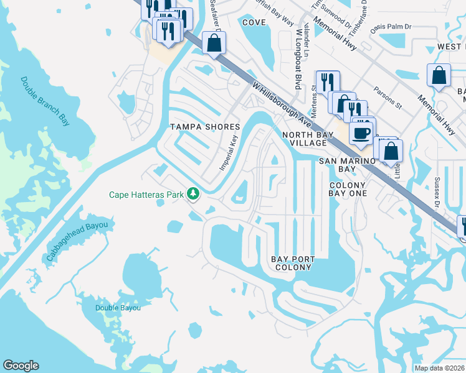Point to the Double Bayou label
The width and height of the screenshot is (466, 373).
[x=118, y=308]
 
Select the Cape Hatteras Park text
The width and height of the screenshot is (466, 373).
[x=146, y=195]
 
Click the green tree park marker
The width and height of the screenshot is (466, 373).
[x=193, y=195]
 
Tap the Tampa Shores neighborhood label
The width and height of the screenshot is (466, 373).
[x=205, y=127]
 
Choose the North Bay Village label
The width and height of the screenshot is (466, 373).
[x=305, y=139]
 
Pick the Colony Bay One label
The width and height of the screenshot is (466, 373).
[x=348, y=189]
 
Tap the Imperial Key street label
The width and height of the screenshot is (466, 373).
[x=229, y=153]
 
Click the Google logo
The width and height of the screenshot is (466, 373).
[x=21, y=366]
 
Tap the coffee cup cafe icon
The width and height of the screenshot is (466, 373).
[x=361, y=132]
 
